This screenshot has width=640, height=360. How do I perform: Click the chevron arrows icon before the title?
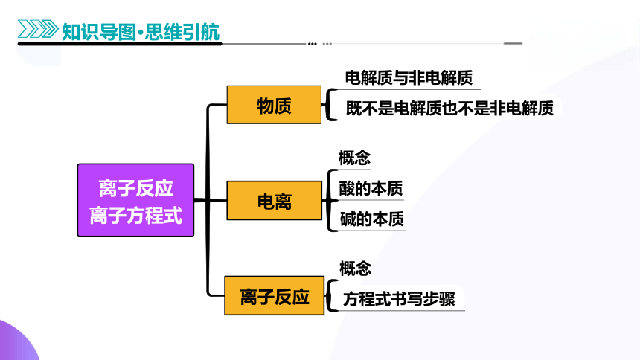[38, 29]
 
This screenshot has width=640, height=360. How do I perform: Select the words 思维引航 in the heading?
[182, 32]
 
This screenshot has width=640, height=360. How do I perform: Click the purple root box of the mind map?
[135, 200]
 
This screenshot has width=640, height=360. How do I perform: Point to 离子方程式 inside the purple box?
[136, 215]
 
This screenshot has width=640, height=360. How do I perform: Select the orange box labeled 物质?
[274, 105]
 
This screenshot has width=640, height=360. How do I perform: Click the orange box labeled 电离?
[275, 200]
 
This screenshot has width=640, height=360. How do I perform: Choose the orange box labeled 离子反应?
[275, 295]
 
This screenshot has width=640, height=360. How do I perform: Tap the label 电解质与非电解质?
[409, 77]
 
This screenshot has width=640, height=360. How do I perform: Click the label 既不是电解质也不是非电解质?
[449, 108]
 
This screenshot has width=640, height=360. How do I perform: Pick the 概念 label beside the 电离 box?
[354, 158]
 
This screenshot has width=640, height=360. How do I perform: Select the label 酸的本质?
[371, 188]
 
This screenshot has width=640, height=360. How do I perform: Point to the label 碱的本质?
[372, 219]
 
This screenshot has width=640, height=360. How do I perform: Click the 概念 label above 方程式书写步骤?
[356, 269]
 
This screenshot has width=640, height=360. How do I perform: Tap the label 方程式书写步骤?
[399, 299]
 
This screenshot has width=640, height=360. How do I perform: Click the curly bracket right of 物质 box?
[328, 104]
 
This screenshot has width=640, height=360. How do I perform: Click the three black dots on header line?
[313, 44]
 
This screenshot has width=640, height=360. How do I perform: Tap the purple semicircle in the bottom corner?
[16, 343]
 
